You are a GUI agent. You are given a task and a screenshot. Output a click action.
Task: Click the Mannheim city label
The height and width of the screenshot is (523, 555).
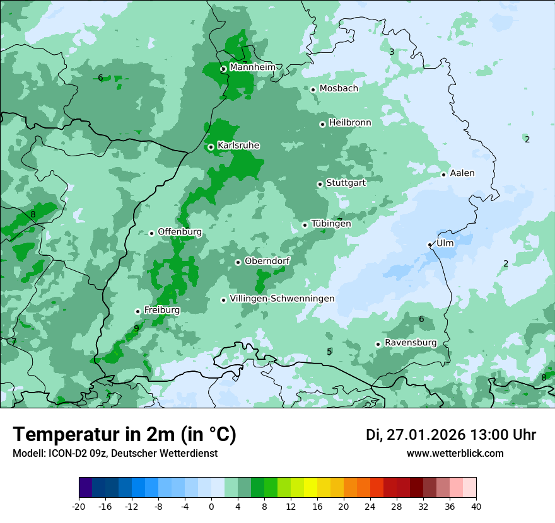(252, 67)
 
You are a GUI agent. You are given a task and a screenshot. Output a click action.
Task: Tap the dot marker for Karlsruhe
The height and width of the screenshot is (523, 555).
(211, 147)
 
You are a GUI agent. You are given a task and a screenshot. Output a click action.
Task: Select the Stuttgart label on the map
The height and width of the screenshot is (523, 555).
(346, 183)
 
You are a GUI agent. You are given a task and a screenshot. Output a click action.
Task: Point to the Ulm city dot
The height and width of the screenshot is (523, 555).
(429, 244)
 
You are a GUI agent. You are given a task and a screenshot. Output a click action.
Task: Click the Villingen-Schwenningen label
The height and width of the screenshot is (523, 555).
(282, 299)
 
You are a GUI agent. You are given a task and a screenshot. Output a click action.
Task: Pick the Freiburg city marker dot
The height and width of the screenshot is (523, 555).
(137, 311)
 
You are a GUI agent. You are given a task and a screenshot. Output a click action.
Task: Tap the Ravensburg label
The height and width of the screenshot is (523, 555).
(411, 343)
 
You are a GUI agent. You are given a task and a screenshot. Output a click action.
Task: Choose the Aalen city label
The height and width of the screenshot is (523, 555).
(462, 173)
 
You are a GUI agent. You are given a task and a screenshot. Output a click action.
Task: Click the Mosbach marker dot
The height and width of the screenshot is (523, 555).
(313, 89)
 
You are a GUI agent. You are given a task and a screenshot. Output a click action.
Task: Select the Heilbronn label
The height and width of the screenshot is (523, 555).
(350, 123)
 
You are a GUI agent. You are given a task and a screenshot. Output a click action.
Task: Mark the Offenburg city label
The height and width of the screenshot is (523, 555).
(180, 232)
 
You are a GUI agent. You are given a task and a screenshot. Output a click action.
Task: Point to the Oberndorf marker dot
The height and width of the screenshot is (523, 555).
(238, 262)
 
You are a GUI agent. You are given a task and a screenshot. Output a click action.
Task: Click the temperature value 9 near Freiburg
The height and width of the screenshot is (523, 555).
(136, 328)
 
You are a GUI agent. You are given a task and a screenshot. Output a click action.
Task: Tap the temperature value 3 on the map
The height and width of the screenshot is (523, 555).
(392, 52)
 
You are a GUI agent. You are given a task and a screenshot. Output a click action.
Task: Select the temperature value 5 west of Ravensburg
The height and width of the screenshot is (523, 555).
(329, 352)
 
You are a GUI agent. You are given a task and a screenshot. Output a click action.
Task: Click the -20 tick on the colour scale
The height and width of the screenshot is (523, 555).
(79, 506)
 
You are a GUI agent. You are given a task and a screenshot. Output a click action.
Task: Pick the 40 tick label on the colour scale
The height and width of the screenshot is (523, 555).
(476, 506)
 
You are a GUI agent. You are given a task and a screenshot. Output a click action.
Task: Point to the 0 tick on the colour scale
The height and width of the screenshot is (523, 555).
(211, 506)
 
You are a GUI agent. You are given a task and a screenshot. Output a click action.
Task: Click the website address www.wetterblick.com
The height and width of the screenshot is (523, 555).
(455, 453)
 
